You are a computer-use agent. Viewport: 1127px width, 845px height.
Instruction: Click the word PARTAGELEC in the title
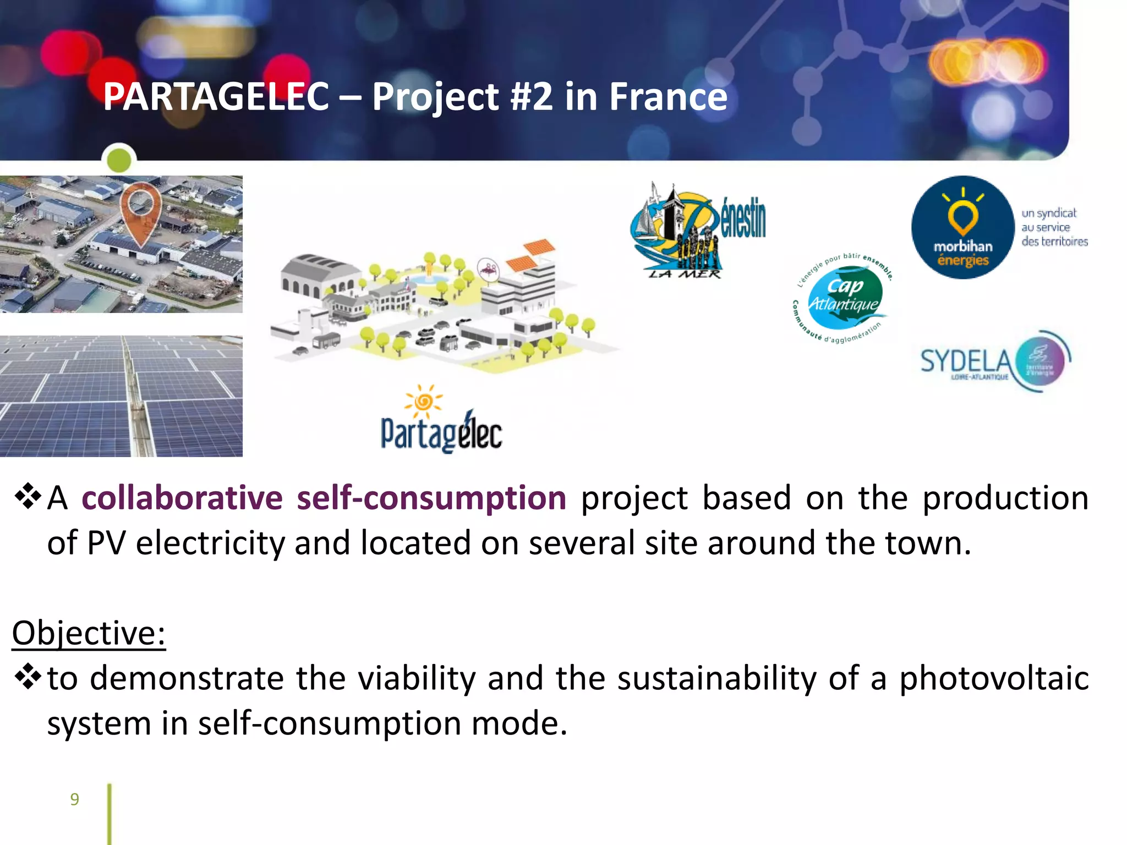(x=216, y=97)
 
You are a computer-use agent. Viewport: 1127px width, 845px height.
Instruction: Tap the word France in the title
(x=668, y=97)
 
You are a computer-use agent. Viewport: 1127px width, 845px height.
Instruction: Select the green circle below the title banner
(x=119, y=160)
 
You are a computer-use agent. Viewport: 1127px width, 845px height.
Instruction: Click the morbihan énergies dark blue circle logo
(x=962, y=227)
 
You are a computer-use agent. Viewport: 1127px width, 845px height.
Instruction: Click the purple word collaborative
(x=182, y=498)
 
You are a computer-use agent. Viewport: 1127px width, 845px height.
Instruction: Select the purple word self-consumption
(x=431, y=498)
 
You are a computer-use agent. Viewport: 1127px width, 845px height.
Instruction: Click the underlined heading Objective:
(x=89, y=633)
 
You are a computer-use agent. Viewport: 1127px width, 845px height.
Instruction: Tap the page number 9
(x=75, y=799)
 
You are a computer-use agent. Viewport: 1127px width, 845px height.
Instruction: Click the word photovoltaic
(x=994, y=678)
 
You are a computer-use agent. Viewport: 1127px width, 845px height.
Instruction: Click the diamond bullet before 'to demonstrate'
(x=28, y=677)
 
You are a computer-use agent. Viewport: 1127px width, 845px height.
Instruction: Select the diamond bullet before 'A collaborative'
(x=28, y=497)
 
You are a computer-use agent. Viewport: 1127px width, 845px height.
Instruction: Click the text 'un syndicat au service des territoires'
(x=1054, y=227)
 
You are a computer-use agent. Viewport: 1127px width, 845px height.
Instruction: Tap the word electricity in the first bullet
(x=210, y=544)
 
